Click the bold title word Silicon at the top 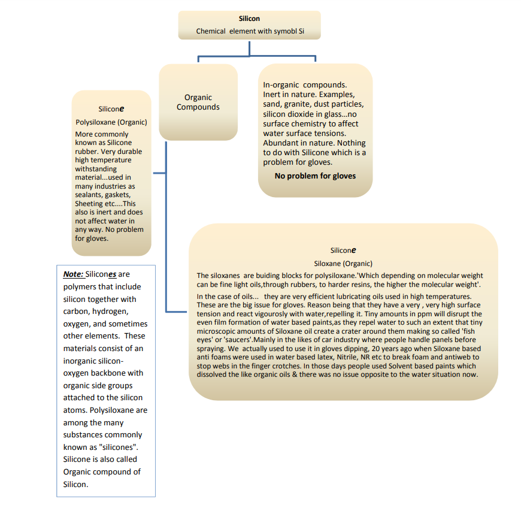pos(249,19)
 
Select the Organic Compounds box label pos(198,102)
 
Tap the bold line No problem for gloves pos(315,176)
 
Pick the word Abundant pos(281,143)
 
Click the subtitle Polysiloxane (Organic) pos(111,122)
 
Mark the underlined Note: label pos(73,274)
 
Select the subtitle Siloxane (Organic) pos(343,264)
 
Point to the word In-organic pos(281,86)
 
